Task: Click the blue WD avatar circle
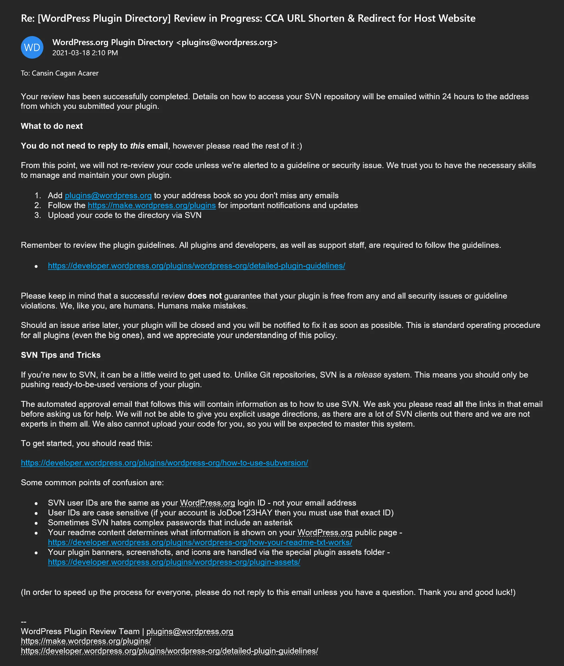32,47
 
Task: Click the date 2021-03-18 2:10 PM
85,53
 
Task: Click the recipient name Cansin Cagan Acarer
65,73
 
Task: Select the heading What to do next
52,126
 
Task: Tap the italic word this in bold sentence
137,146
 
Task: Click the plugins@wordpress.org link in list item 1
108,195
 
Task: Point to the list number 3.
38,215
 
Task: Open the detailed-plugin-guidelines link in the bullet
196,266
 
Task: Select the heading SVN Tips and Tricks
61,355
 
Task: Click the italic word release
368,375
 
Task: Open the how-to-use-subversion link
164,463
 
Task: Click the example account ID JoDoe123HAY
245,513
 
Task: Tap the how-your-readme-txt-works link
200,542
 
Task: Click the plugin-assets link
174,562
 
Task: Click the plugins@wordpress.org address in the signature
190,632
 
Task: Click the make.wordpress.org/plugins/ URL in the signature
86,641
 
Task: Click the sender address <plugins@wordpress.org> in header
227,42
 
